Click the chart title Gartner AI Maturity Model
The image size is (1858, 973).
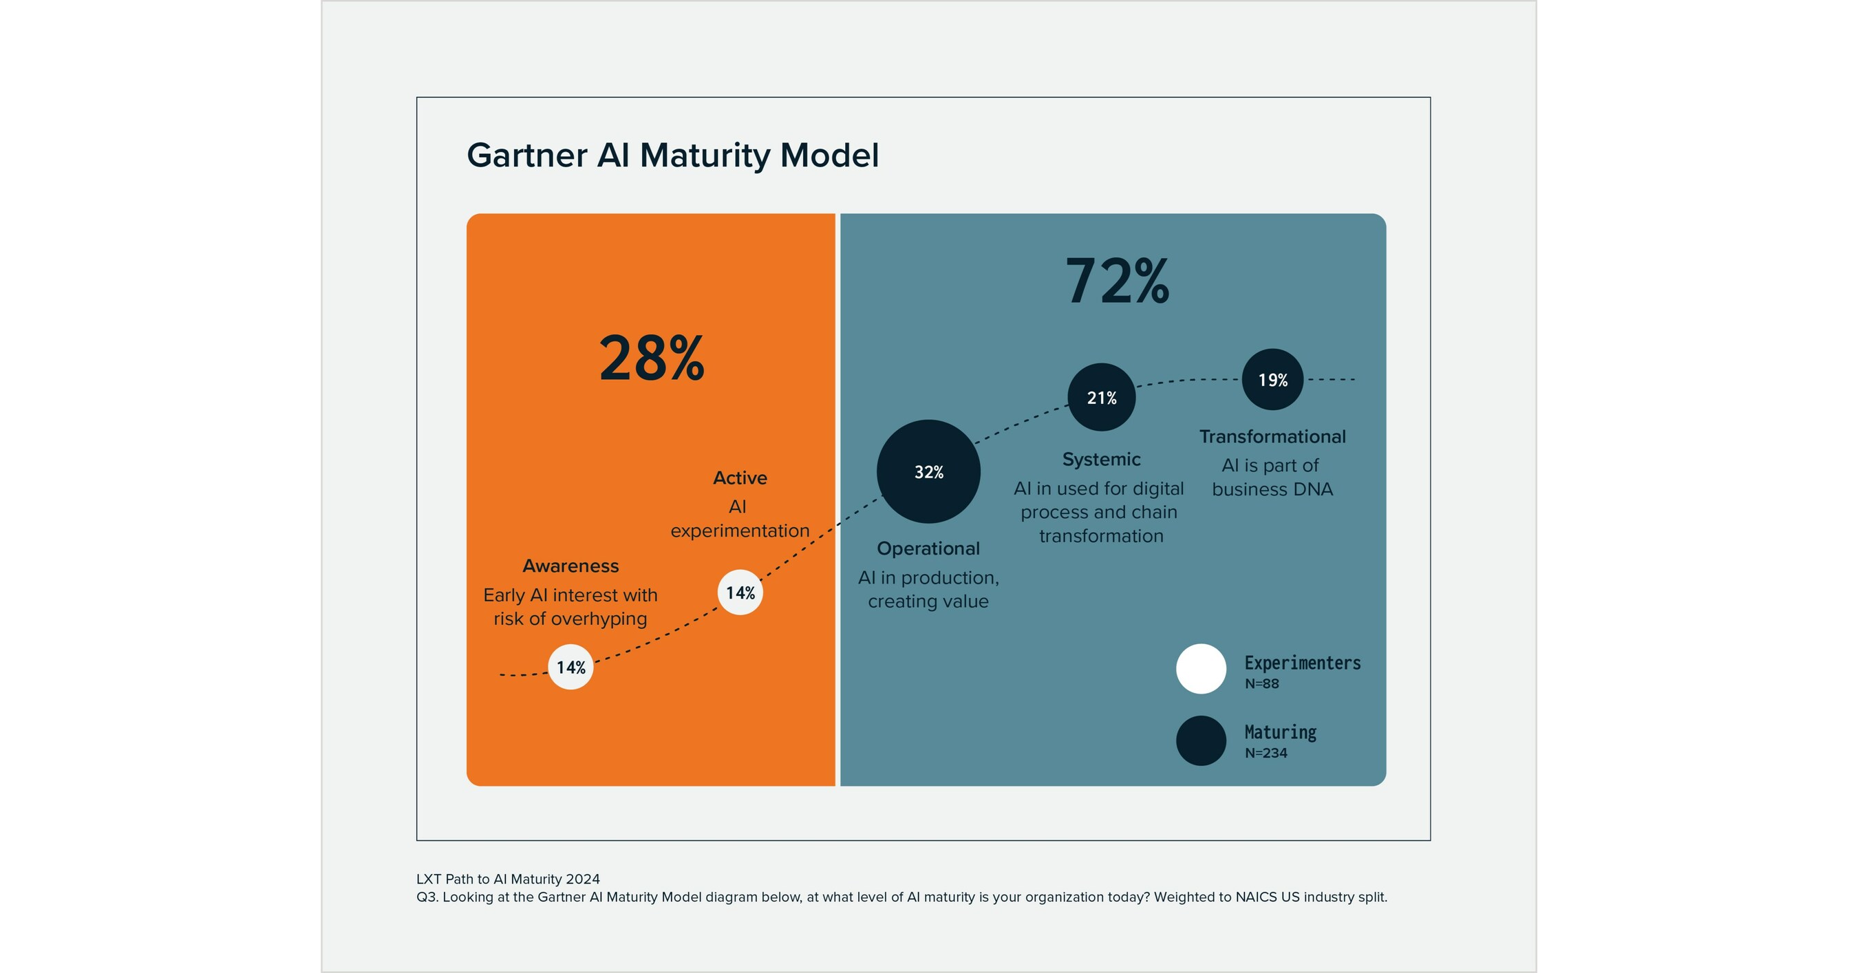[x=672, y=155]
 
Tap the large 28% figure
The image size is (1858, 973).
[x=651, y=359]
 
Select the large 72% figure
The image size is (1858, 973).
[x=1117, y=281]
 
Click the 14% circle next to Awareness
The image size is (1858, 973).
[x=570, y=667]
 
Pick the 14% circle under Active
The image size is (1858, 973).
[x=740, y=593]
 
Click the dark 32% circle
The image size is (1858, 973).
[x=928, y=472]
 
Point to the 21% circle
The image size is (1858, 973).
[x=1102, y=398]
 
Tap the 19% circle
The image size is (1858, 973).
[x=1272, y=379]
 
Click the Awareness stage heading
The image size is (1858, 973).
[x=570, y=566]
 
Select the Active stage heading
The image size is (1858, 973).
[x=740, y=478]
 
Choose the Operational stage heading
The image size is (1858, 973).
[x=928, y=549]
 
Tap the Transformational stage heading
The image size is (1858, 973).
[x=1272, y=437]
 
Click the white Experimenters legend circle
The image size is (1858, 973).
[x=1201, y=669]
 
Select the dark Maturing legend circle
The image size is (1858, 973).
[x=1201, y=740]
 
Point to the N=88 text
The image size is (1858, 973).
[x=1261, y=684]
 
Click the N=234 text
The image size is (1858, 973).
[x=1265, y=753]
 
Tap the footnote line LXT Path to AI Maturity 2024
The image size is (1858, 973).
[x=508, y=879]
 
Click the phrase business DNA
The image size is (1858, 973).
[x=1272, y=490]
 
